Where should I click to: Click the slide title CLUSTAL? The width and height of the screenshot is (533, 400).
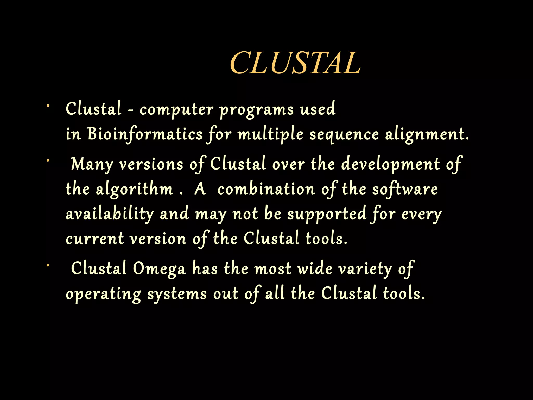[295, 63]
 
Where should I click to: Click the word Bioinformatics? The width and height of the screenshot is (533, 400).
[145, 134]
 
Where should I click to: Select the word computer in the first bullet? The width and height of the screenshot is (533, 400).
[176, 110]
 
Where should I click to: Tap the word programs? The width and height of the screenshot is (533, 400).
[257, 110]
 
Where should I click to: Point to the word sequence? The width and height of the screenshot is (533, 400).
[344, 135]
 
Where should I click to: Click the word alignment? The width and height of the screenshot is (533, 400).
[427, 135]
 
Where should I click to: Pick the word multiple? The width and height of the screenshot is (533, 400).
[270, 135]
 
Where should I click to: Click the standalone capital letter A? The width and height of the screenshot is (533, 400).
[200, 189]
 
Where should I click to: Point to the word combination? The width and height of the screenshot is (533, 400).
[266, 189]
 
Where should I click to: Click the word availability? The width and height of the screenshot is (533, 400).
[110, 214]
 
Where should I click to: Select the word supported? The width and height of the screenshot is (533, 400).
[327, 214]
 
